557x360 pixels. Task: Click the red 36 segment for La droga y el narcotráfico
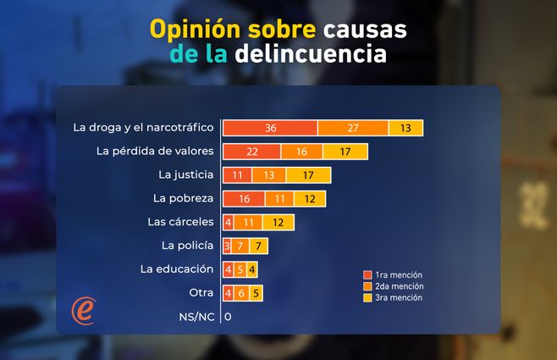pos(270,128)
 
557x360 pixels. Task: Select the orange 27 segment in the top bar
pos(353,128)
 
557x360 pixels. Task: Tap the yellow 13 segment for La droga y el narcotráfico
pos(405,128)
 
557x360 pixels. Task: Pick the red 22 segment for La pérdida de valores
pos(251,152)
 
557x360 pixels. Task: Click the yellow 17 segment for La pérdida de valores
pos(344,152)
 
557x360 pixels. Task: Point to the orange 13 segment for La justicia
pos(269,175)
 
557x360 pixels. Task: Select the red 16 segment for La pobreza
pos(245,199)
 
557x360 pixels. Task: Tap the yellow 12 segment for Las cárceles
pos(278,223)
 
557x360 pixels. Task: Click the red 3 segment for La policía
pos(227,246)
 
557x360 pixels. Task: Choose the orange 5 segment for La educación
pos(240,269)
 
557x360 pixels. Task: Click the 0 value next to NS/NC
pos(228,317)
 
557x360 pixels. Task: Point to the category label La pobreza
pos(184,199)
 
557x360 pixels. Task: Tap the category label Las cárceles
pos(180,223)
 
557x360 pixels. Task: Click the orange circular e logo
pos(83,310)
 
